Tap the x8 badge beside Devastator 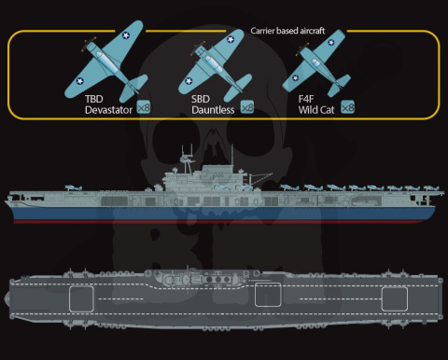[x=143, y=107]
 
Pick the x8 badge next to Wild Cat [x=347, y=106]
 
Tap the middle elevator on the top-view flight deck [x=268, y=299]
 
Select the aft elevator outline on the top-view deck [x=395, y=298]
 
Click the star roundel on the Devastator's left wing [x=78, y=84]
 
